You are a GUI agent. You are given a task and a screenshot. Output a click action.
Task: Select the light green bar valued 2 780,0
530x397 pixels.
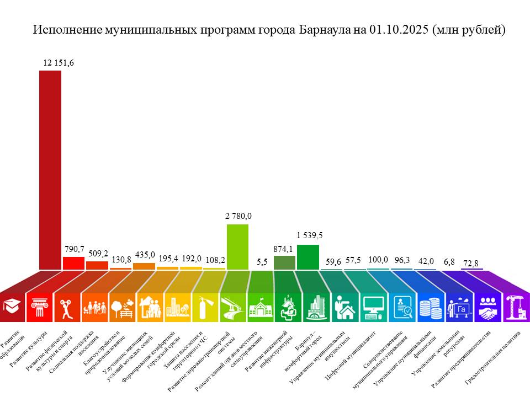tap(237, 246)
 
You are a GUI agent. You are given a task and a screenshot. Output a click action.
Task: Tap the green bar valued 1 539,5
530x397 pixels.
tap(308, 257)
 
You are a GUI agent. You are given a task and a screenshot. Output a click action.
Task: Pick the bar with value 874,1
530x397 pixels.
tap(284, 262)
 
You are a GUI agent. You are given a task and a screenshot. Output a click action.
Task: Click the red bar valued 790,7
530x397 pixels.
tap(73, 263)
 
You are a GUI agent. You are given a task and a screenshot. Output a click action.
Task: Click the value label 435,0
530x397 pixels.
tap(145, 254)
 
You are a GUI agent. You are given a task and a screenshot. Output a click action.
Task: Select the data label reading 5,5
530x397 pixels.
tap(262, 261)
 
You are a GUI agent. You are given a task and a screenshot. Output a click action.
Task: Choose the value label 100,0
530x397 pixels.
tap(378, 260)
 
